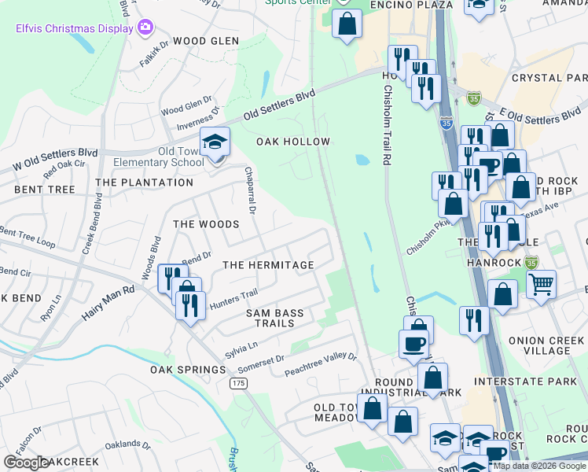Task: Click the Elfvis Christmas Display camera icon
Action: pyautogui.click(x=145, y=28)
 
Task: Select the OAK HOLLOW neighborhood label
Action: pyautogui.click(x=293, y=142)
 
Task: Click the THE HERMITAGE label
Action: pyautogui.click(x=268, y=265)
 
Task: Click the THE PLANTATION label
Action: pyautogui.click(x=144, y=183)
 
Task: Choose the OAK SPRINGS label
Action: pyautogui.click(x=188, y=370)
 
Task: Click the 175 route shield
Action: pyautogui.click(x=239, y=383)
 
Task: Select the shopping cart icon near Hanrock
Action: pyautogui.click(x=541, y=284)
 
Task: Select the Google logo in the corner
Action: pyautogui.click(x=25, y=463)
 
